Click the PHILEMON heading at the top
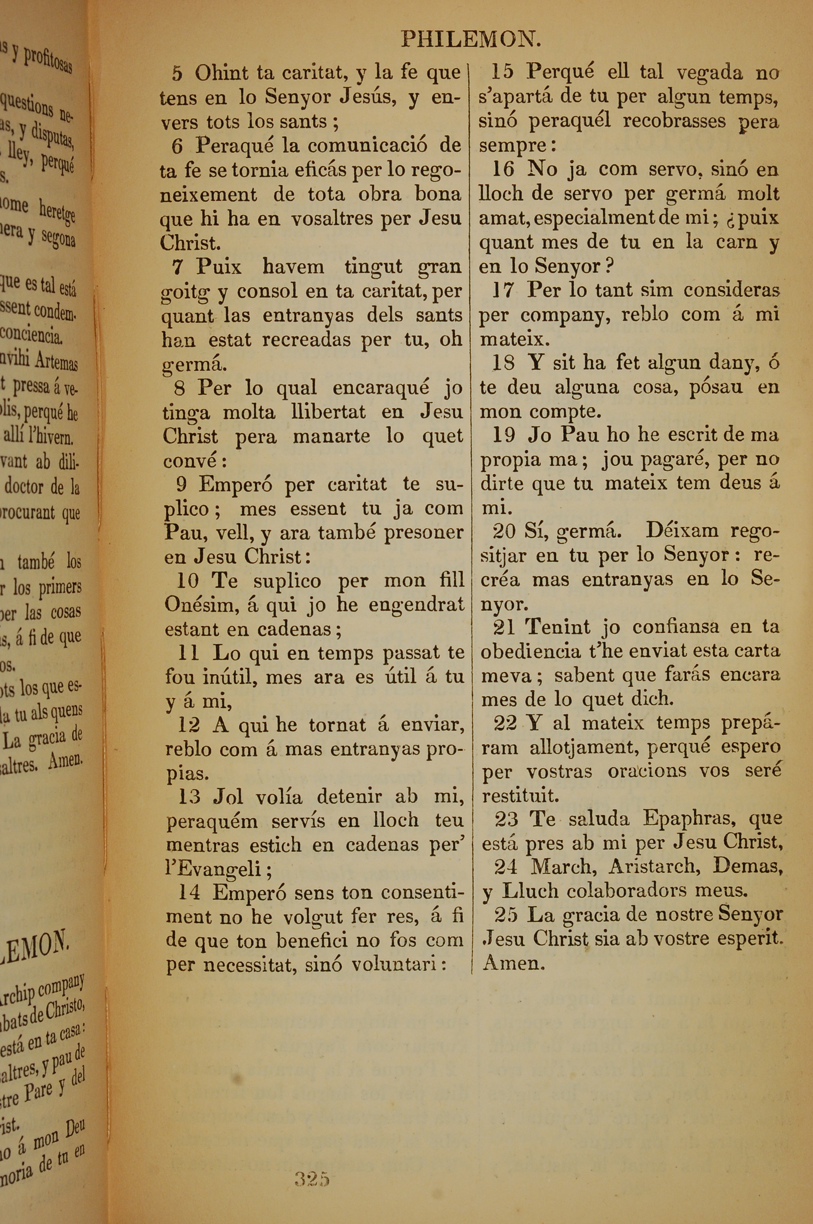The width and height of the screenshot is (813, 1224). (471, 39)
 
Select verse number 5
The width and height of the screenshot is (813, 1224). (177, 74)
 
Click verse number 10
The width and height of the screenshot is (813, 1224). (187, 581)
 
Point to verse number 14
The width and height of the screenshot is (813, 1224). (189, 892)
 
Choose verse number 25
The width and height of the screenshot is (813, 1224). (506, 914)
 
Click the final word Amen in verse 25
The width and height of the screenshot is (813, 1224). (513, 963)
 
